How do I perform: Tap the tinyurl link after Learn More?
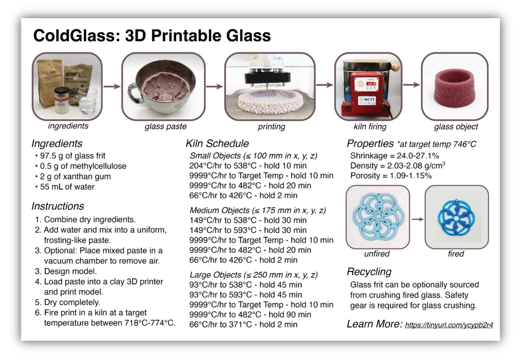click(x=449, y=325)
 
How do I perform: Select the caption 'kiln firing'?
click(x=370, y=127)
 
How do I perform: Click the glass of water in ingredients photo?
click(x=88, y=101)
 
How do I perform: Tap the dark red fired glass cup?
click(x=454, y=86)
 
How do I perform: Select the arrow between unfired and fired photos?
click(x=417, y=219)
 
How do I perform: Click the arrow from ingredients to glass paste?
click(x=112, y=87)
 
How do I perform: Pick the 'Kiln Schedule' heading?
click(x=217, y=144)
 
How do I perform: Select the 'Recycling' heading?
click(x=369, y=272)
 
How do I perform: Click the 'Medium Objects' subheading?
click(x=219, y=210)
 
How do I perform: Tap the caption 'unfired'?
click(x=377, y=254)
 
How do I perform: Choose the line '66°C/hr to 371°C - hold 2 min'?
click(x=243, y=324)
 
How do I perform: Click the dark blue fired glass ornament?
click(x=456, y=218)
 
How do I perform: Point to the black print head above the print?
click(x=268, y=77)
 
